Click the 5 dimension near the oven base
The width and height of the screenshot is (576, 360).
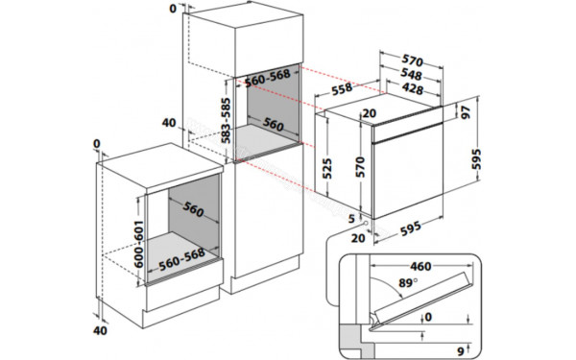[351, 219]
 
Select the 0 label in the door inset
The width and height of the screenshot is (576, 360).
[428, 316]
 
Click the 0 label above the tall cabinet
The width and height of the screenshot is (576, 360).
[172, 9]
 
